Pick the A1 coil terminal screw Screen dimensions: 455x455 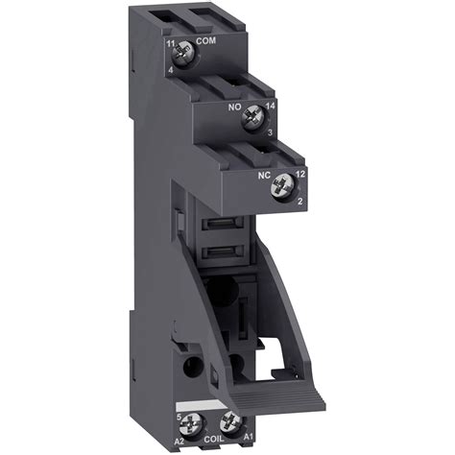click(229, 419)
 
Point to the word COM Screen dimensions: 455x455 click(205, 41)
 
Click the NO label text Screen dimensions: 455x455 click(233, 108)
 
